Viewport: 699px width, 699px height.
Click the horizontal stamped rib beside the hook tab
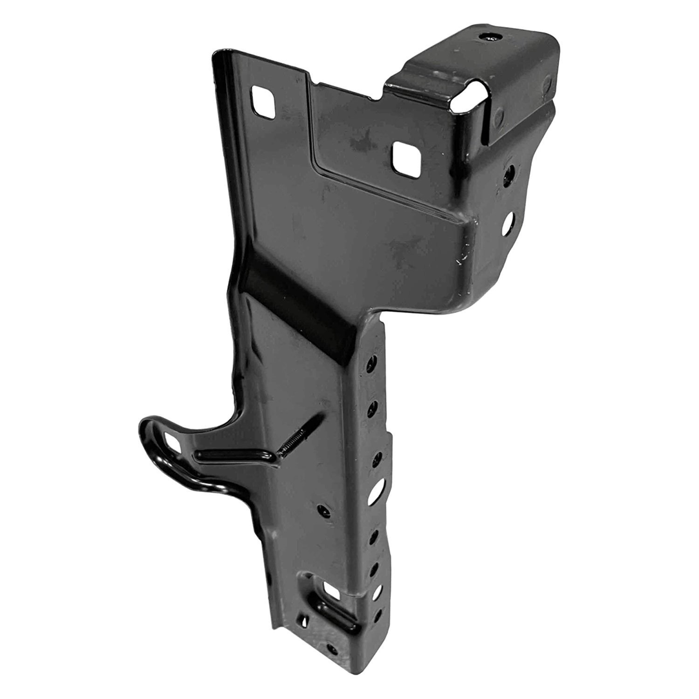tap(233, 453)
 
